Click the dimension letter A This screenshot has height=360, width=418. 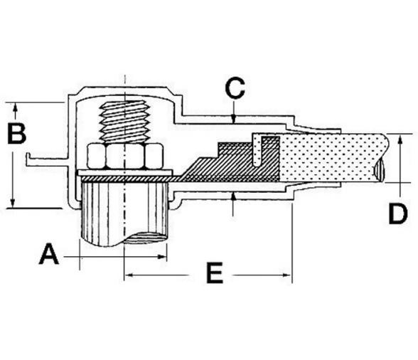click(x=48, y=253)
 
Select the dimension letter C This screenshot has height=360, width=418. click(x=235, y=88)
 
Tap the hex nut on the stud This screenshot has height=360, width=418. click(x=125, y=156)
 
